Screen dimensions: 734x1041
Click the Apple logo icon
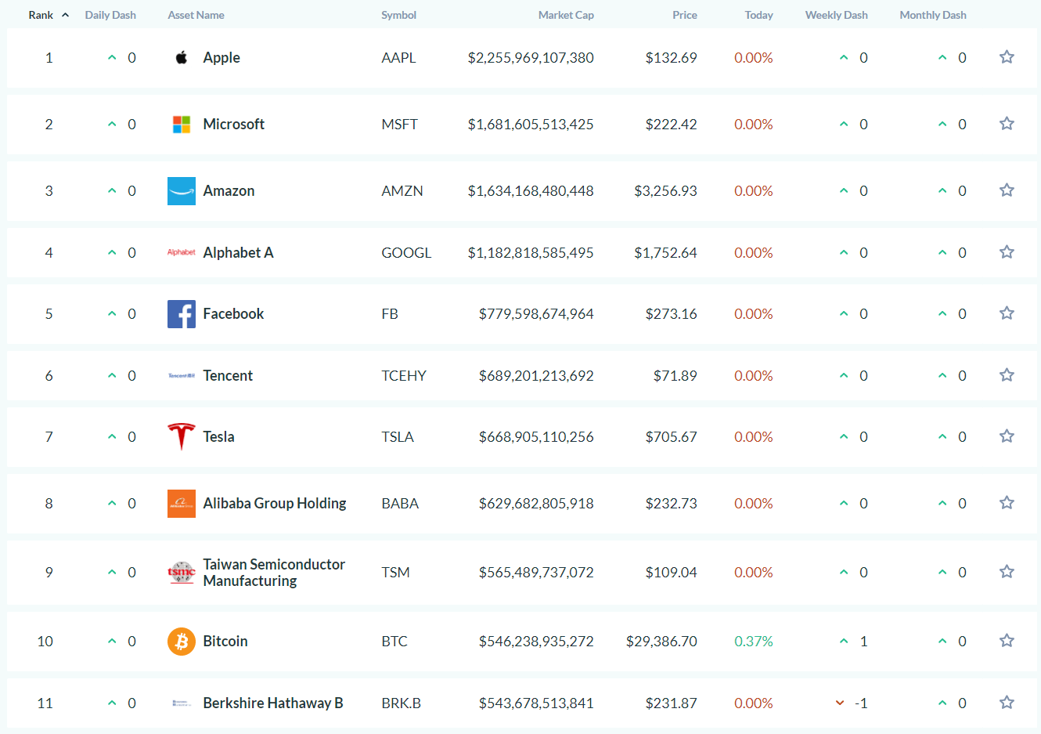point(182,57)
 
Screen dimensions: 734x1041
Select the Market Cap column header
point(565,15)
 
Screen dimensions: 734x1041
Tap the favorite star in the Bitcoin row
point(1007,641)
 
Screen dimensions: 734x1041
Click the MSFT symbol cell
point(399,124)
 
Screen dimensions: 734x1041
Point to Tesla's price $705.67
point(671,436)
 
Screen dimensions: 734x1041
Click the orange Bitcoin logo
point(182,642)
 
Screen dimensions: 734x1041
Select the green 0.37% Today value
point(753,641)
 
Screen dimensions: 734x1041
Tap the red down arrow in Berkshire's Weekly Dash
point(840,703)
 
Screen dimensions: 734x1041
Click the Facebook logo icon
point(182,314)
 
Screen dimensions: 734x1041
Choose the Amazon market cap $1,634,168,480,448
point(531,190)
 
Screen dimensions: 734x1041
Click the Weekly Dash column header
point(836,15)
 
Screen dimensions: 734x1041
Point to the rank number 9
point(49,572)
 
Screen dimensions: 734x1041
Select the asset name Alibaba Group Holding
point(274,503)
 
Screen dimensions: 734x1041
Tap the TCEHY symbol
point(403,375)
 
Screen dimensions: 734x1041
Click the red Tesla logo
point(182,436)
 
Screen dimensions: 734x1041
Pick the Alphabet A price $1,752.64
point(665,252)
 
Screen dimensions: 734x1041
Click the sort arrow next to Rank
point(66,15)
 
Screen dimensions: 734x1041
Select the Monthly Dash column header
point(932,15)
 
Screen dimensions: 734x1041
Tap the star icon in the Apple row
point(1007,57)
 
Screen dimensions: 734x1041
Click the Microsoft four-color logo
point(182,125)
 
